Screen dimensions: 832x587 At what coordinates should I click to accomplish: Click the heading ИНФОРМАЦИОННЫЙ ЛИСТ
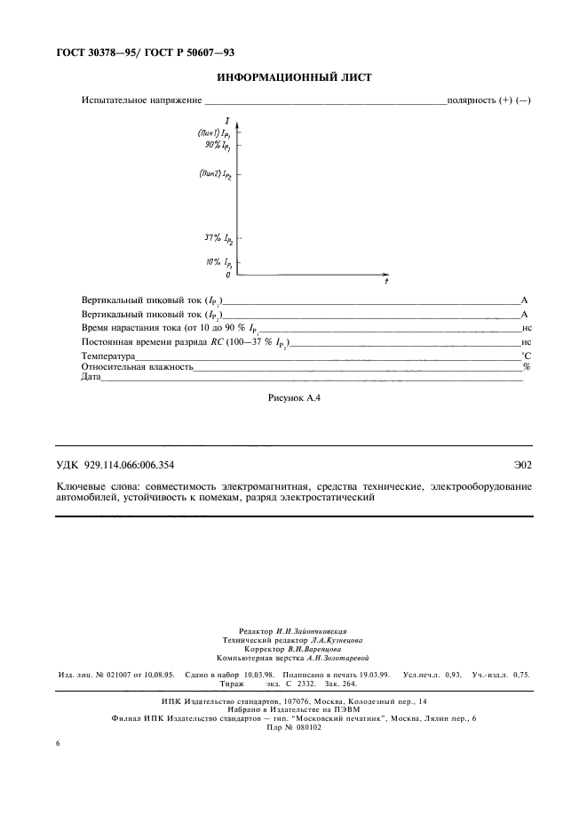pos(293,78)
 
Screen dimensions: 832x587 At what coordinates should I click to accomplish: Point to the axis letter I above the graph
pos(228,120)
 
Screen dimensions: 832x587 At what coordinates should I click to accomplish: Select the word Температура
pos(108,356)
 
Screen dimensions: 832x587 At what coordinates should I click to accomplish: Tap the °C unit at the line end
pos(526,356)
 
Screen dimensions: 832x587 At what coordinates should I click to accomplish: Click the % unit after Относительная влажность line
pos(527,366)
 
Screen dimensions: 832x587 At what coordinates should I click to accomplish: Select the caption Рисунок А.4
pos(293,398)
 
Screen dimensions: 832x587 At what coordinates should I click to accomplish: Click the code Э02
pos(522,464)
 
